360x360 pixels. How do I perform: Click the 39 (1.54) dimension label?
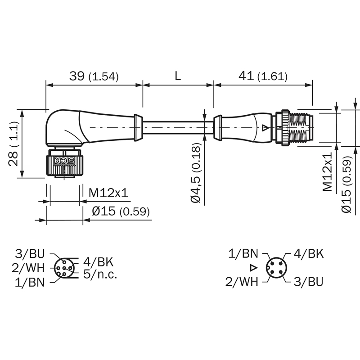(94, 76)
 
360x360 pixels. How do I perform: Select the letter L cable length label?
(178, 76)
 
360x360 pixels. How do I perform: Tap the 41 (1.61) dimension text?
(263, 76)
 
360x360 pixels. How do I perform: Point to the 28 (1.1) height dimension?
(13, 144)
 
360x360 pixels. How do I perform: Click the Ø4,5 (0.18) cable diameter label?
(196, 173)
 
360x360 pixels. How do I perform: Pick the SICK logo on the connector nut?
(65, 161)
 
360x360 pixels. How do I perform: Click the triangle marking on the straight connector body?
(265, 128)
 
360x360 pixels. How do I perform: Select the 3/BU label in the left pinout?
(30, 254)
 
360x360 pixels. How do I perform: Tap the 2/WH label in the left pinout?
(28, 268)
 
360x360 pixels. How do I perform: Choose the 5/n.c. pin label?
(100, 274)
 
